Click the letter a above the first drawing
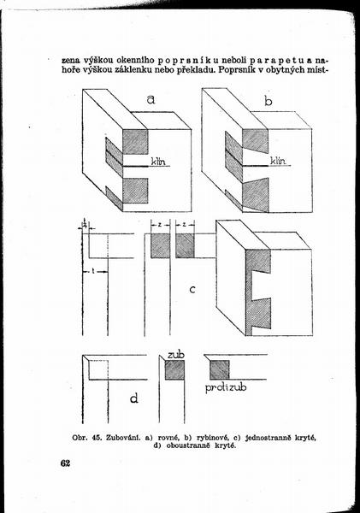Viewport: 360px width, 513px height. [150, 99]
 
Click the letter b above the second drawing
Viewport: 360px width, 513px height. [268, 101]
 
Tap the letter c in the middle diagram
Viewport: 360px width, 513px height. [192, 289]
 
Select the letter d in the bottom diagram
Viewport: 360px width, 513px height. [134, 398]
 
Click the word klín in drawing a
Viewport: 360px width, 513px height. [158, 162]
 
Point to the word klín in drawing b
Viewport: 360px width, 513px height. [278, 161]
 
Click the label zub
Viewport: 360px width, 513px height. [176, 355]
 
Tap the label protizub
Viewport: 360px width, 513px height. [226, 387]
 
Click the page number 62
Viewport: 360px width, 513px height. [65, 463]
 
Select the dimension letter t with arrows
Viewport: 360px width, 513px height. [94, 271]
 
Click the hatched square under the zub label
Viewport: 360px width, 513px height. [174, 369]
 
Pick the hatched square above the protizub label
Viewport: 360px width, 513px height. [219, 369]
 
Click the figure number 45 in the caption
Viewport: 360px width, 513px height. [97, 438]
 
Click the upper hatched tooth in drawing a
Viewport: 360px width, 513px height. [135, 142]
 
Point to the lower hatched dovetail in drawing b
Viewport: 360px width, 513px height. [256, 195]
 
